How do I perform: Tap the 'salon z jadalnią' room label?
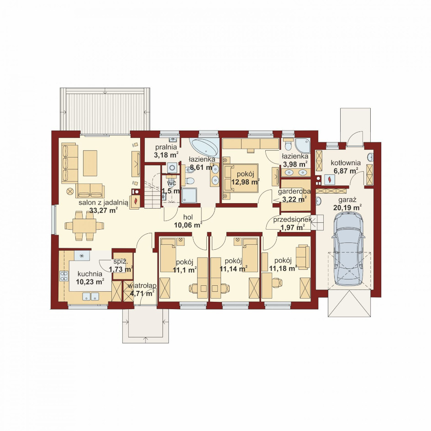[x=103, y=203]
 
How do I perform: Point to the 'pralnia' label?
[x=166, y=147]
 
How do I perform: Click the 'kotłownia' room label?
[x=346, y=163]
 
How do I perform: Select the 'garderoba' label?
[x=294, y=192]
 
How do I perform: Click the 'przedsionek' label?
[x=292, y=220]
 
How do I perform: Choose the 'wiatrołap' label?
[x=142, y=286]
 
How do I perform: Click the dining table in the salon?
[x=84, y=226]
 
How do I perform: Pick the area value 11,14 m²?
[x=234, y=268]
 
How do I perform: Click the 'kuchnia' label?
[x=90, y=274]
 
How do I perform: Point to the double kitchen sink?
[x=91, y=296]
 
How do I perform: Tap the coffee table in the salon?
[x=90, y=163]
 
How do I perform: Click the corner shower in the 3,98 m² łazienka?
[x=303, y=145]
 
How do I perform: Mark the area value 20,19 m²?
[x=347, y=208]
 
